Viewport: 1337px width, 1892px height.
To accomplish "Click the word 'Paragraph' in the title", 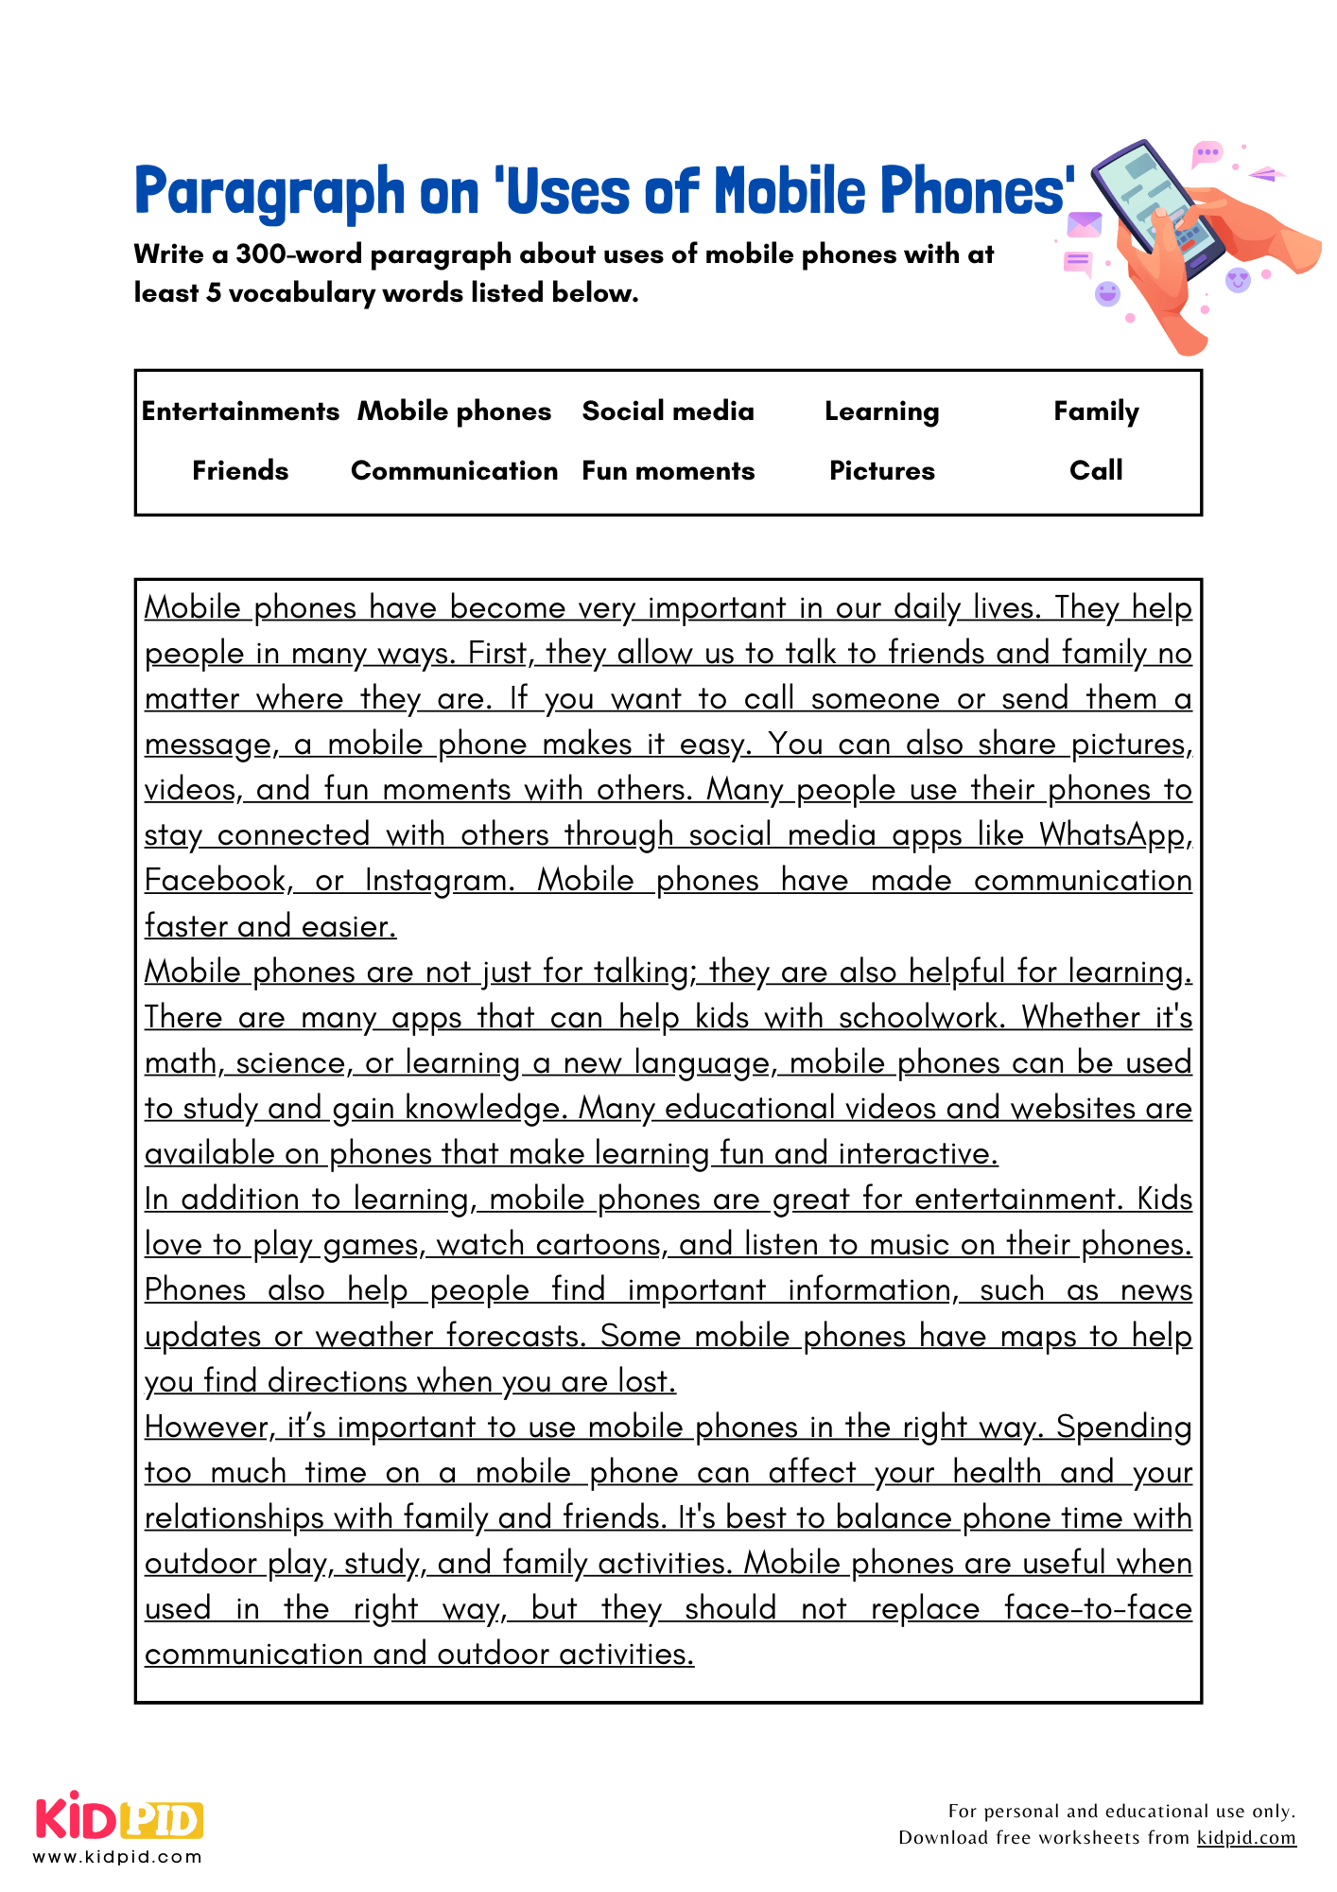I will point(269,192).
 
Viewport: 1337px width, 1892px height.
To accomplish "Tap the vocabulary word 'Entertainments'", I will point(240,412).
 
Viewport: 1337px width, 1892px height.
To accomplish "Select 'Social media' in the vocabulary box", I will point(668,412).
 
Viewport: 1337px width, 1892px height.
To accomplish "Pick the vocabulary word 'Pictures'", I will point(881,471).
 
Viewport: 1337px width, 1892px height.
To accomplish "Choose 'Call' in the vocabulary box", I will point(1096,470).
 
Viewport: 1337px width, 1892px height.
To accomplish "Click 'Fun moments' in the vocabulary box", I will point(668,471).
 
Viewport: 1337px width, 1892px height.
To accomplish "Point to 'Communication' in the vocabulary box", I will point(454,471).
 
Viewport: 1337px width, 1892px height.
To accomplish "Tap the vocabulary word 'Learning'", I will point(881,412).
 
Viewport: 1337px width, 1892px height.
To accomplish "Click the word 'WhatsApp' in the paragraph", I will point(1112,834).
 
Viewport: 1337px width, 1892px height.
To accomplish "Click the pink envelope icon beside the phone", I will point(1085,225).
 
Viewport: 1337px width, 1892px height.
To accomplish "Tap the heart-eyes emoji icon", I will point(1238,279).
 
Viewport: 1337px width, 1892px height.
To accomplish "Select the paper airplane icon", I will point(1266,174).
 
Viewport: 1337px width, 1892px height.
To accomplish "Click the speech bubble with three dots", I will point(1207,152).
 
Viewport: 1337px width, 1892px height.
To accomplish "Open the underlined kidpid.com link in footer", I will point(1245,1838).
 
